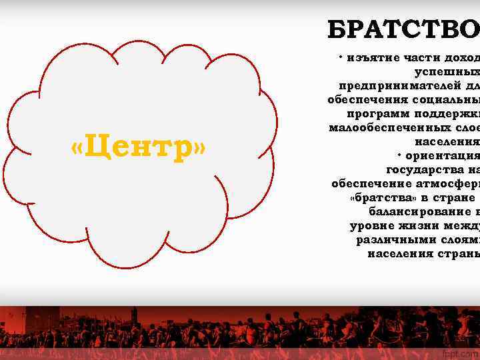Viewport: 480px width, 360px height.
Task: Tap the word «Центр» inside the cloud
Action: click(x=139, y=147)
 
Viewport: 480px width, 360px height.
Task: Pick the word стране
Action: click(x=453, y=198)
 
